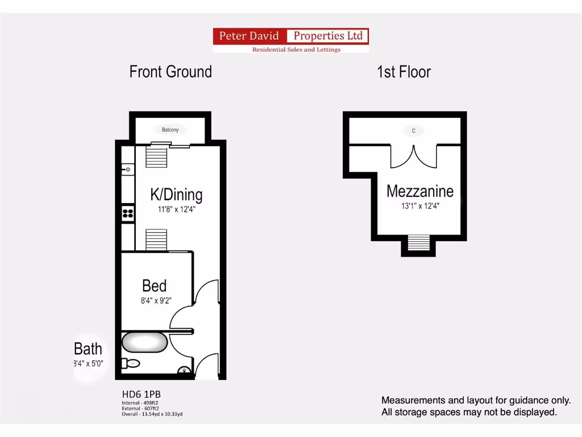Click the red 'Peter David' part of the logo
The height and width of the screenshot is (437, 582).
[x=250, y=36]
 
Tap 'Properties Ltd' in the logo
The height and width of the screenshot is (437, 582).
[x=328, y=36]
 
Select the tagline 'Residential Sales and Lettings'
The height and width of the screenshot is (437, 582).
[x=296, y=50]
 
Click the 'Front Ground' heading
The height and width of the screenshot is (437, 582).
[x=171, y=72]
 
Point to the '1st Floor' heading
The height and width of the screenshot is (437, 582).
[x=404, y=72]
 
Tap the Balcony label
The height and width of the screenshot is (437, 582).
[x=170, y=130]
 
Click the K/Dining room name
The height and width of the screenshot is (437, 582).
[x=176, y=195]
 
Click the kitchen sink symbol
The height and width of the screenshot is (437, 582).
[x=128, y=170]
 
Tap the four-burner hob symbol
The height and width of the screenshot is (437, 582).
[x=128, y=213]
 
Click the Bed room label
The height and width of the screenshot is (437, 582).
[x=154, y=285]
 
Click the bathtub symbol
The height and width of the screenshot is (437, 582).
[x=145, y=343]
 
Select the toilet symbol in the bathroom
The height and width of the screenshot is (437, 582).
[x=131, y=363]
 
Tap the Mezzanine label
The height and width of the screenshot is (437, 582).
[x=420, y=191]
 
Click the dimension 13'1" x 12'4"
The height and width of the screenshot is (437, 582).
[x=420, y=206]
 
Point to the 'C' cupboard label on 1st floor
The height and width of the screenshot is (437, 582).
[x=414, y=131]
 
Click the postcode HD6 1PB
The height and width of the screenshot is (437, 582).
[x=137, y=394]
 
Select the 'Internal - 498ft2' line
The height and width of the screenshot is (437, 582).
[x=140, y=403]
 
